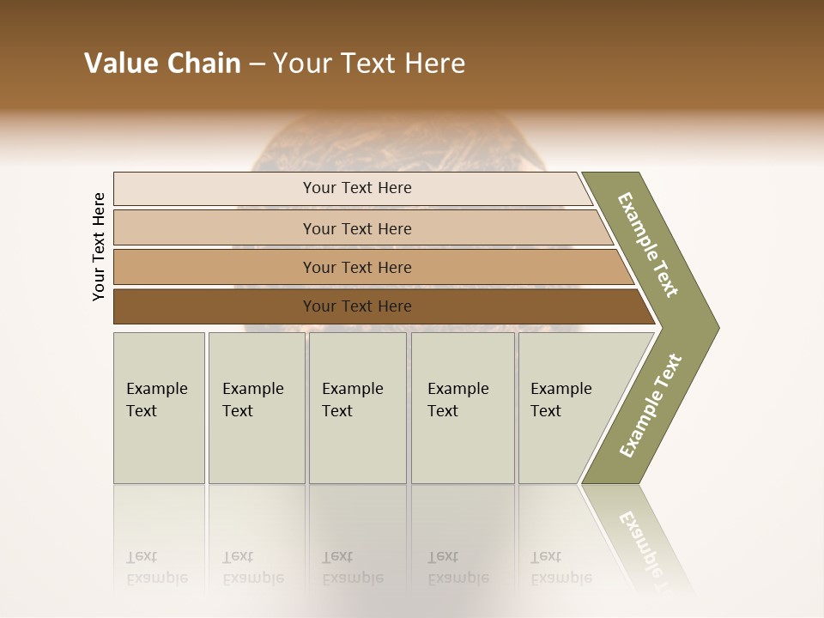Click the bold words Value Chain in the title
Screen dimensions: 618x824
pos(162,64)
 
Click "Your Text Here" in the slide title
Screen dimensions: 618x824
pos(369,64)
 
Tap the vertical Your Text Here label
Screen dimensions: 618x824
pos(99,246)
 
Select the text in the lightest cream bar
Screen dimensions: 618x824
pos(357,188)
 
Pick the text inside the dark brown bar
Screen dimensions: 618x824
pos(357,306)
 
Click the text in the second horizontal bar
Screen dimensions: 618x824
pos(357,229)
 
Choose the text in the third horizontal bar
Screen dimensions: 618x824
pos(357,268)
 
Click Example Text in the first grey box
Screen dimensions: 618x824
pos(156,400)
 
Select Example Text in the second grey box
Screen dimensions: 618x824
pos(252,400)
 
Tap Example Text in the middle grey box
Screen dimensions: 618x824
pos(352,400)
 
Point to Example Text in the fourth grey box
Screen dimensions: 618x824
pos(457,400)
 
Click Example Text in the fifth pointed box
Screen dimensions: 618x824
pos(560,400)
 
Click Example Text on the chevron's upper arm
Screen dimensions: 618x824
pos(648,245)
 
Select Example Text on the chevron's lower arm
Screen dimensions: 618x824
pos(651,406)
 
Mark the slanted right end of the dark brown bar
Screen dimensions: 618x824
pos(645,307)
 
